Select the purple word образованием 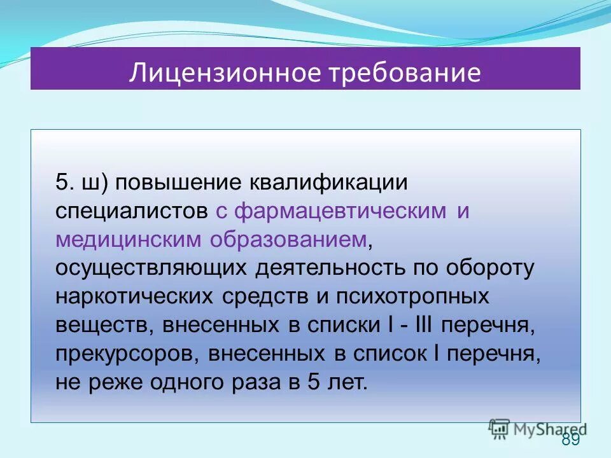pyautogui.click(x=290, y=239)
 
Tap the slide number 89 pyautogui.click(x=571, y=441)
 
